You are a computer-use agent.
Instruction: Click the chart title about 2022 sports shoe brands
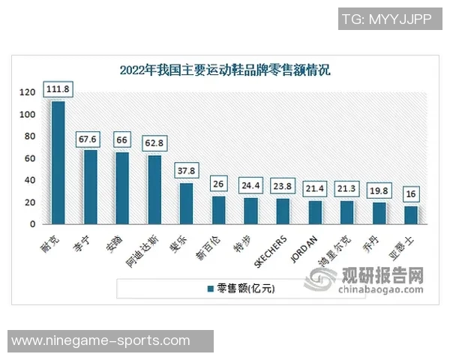pos(225,71)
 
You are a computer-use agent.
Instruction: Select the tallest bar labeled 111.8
pos(58,162)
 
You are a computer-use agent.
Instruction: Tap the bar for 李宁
pos(90,187)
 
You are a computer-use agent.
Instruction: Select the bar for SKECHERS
pos(283,211)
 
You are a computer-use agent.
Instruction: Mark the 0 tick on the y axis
pos(32,224)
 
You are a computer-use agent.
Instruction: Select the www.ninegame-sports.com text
pos(101,340)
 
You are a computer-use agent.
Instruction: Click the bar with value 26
pos(218,209)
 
